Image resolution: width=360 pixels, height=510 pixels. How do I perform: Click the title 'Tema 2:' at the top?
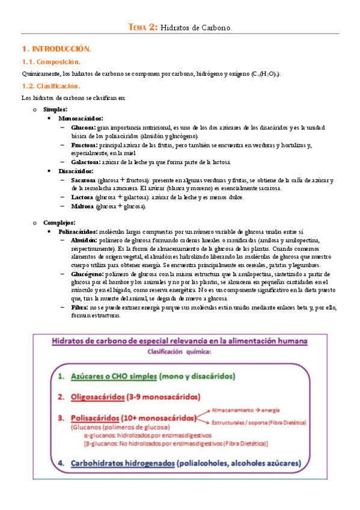(x=144, y=27)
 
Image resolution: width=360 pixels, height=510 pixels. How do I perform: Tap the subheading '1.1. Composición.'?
(x=51, y=63)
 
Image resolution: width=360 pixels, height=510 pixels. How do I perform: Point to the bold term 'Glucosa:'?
(x=83, y=128)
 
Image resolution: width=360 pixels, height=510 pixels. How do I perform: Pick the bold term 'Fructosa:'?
(x=84, y=145)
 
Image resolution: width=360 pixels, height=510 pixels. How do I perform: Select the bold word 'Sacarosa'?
(x=83, y=180)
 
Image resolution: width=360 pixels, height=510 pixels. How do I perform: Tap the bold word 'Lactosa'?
(x=81, y=197)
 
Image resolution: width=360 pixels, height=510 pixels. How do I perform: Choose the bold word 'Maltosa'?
(x=82, y=206)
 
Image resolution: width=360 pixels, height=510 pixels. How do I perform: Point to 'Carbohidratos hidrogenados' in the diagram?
(x=123, y=464)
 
